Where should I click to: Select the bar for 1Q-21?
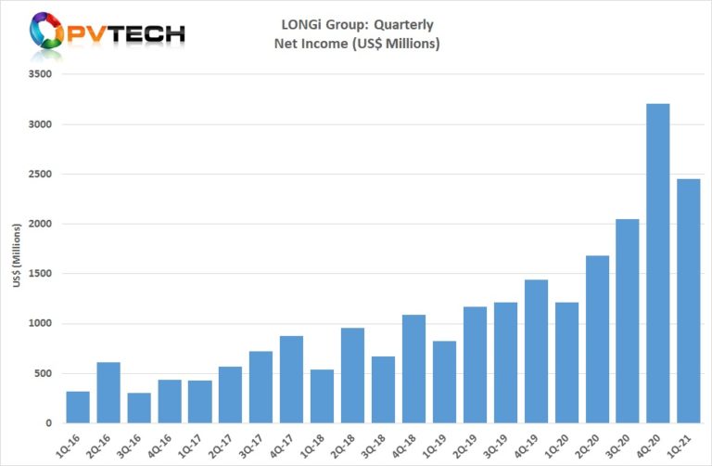pos(688,301)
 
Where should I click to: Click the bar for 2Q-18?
pos(352,375)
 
